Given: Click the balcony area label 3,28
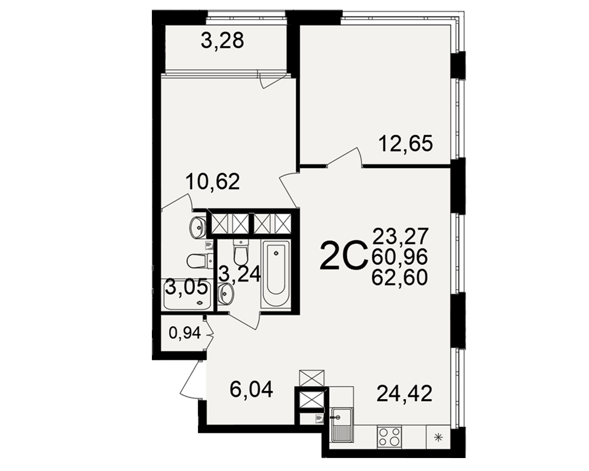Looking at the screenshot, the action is coord(223,41).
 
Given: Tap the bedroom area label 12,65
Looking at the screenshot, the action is coord(406,144).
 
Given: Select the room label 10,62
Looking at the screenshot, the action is coord(213,182).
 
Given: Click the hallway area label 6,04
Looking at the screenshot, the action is coord(252,390).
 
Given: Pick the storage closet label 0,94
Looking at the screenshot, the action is coord(185,333).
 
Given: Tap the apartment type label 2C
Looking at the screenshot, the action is coord(343,256).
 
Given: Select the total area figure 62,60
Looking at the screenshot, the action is coord(400,277).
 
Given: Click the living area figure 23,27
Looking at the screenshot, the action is coord(401,236).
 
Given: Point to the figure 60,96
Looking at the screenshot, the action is coord(400,257).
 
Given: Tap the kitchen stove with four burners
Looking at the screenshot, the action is coord(389,437).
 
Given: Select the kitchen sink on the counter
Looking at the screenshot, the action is coord(341,425).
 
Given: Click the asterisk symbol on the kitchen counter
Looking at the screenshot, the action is coord(438,437).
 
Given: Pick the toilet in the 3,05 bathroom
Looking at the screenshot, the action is coord(198,261).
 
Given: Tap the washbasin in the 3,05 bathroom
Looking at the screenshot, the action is coord(197,227).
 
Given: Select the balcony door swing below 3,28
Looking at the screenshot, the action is coord(272,79).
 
